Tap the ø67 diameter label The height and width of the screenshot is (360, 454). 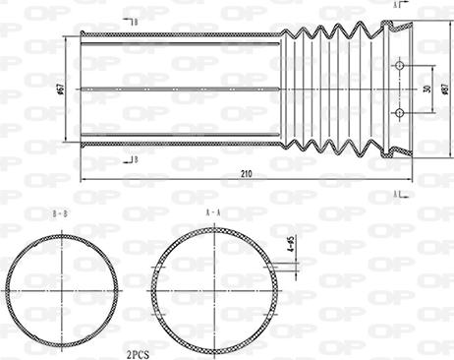(60, 90)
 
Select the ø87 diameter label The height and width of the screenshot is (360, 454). (444, 89)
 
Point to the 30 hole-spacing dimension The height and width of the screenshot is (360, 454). (426, 89)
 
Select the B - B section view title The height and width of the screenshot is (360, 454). (61, 211)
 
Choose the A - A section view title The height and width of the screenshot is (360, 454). (212, 211)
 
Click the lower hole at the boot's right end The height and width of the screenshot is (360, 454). (399, 113)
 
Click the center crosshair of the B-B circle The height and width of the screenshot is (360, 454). (63, 291)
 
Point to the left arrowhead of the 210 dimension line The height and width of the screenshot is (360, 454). (83, 180)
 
